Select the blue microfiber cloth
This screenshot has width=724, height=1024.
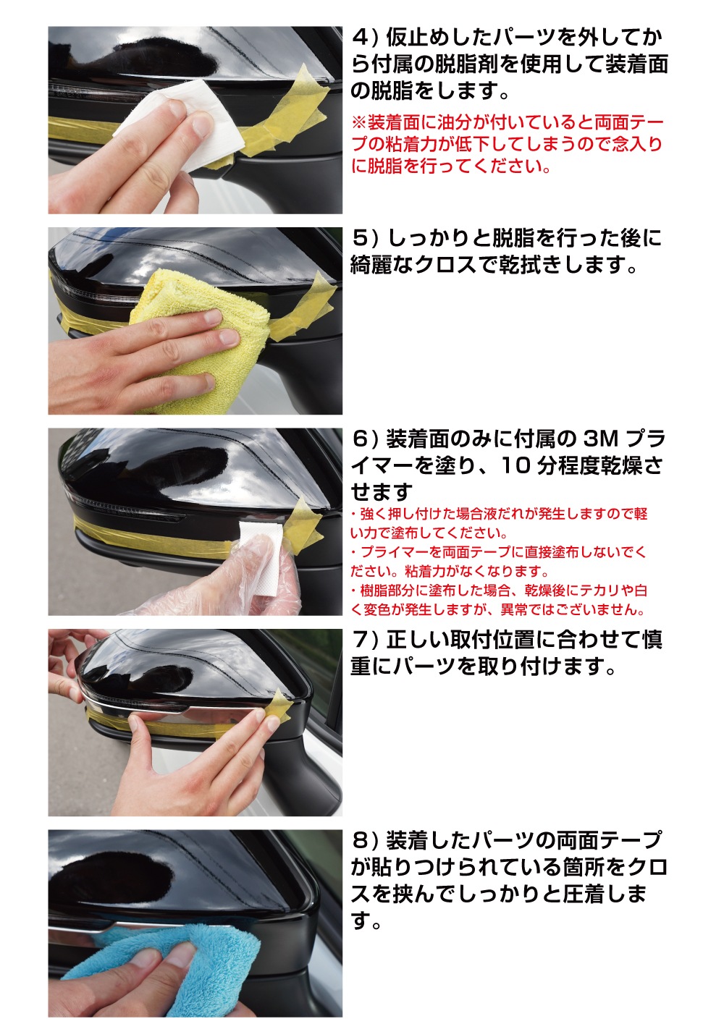(x=181, y=962)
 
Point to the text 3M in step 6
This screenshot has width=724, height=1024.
(x=600, y=439)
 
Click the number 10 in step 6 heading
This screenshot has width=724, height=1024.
(x=515, y=466)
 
